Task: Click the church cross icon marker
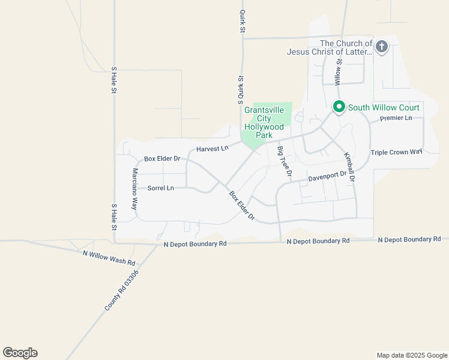pos(381,47)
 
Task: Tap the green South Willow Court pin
pos(339,107)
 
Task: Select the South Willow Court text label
pos(384,107)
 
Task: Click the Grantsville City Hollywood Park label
pos(264,123)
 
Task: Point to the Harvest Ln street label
pos(212,148)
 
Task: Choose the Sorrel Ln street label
pos(160,188)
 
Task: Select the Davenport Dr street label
pos(328,177)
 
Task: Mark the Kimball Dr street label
pos(349,167)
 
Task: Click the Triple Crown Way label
pos(397,152)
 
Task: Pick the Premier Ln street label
pos(396,118)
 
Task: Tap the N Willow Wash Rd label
pos(109,258)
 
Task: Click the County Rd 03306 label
pos(122,290)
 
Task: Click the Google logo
pos(20,353)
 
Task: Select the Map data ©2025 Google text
pos(412,355)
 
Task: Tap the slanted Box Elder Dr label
pos(243,206)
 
